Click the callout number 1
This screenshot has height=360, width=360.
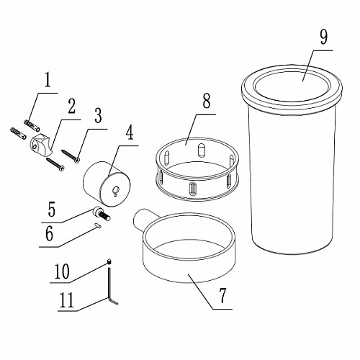coord(48,80)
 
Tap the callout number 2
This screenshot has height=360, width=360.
coord(71,106)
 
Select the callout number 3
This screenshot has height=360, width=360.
coord(98,115)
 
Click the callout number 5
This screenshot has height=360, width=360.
coord(51,210)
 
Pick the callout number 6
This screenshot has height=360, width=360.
coord(50,233)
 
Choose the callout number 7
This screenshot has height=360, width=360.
coord(222,295)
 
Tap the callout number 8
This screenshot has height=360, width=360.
coord(207,101)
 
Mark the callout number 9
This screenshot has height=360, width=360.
coord(323,37)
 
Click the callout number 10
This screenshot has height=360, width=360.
coord(62,271)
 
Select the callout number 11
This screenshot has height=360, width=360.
coord(67,300)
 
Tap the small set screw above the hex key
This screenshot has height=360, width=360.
coord(109,261)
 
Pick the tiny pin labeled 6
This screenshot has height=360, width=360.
coord(98,225)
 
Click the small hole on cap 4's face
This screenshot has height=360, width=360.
coord(117,189)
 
